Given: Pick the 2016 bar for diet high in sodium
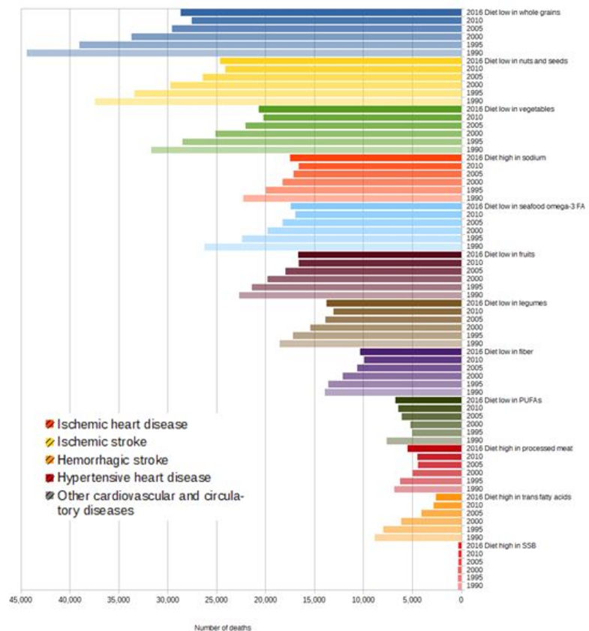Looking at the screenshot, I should tap(375, 158).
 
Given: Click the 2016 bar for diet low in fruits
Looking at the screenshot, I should tap(380, 255).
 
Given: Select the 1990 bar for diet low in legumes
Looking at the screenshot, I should tap(371, 344).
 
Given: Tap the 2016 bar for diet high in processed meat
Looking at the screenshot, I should tap(434, 449).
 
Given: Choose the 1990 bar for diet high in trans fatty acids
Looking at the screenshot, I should tap(418, 537).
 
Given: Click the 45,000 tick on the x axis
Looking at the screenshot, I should tap(20, 599).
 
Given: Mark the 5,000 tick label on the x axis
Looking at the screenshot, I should tap(412, 599).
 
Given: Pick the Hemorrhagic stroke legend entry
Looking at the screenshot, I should tap(113, 459).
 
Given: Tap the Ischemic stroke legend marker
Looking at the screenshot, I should tap(50, 442).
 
